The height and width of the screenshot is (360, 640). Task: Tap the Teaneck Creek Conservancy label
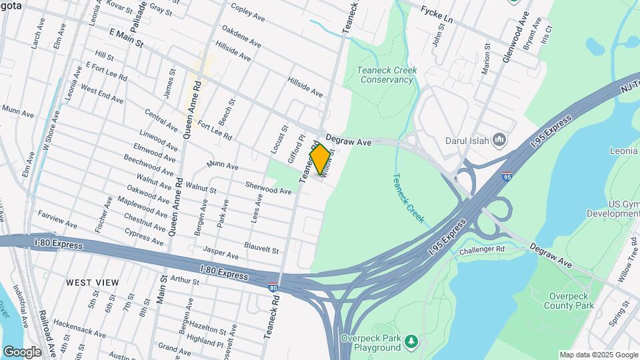click(x=386, y=75)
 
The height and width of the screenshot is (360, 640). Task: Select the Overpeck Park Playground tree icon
click(x=413, y=341)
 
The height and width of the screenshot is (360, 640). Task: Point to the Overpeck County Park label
click(x=571, y=301)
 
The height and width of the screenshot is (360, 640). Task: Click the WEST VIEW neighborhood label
click(x=93, y=283)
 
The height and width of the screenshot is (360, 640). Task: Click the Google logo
click(x=22, y=351)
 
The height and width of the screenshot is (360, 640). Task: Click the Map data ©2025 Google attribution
click(x=599, y=355)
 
